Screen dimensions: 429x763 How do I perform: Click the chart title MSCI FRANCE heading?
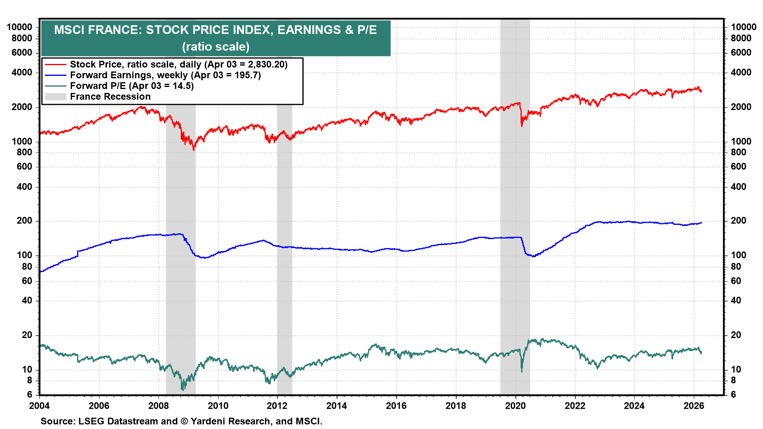(x=215, y=30)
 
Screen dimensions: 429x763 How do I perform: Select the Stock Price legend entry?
(x=178, y=64)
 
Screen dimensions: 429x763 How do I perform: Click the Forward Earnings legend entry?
(x=165, y=75)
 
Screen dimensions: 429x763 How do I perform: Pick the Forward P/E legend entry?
(x=132, y=86)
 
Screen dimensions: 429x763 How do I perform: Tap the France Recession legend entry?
(x=110, y=97)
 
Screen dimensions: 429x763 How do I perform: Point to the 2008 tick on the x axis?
(x=158, y=406)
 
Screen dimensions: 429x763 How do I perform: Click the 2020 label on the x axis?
(x=515, y=406)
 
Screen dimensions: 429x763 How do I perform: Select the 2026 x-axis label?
(x=693, y=406)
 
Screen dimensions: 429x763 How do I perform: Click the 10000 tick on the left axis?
(x=19, y=27)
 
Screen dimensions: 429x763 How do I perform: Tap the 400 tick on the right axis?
(x=738, y=187)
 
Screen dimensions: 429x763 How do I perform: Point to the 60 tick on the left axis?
(x=27, y=281)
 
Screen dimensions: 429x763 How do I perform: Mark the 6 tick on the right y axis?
(x=734, y=394)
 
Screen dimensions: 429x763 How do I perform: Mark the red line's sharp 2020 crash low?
(x=522, y=126)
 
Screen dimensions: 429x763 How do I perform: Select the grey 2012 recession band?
(x=285, y=238)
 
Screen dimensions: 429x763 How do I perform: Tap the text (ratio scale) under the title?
(x=215, y=46)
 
